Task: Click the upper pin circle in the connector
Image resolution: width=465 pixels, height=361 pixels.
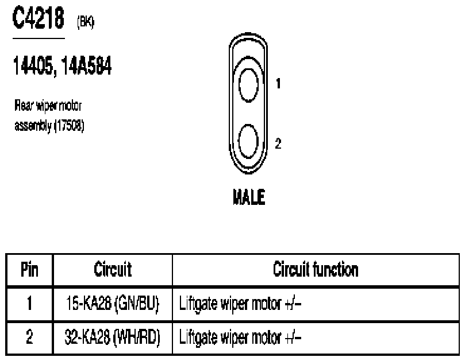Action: [249, 83]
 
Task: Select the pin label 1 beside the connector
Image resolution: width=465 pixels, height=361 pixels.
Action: [279, 84]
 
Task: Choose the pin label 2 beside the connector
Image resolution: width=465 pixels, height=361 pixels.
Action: [278, 143]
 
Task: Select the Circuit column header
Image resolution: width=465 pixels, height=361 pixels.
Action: [113, 270]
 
